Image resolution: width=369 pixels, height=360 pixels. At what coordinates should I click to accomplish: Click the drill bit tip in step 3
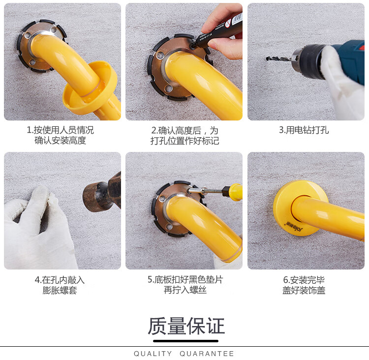click(267, 58)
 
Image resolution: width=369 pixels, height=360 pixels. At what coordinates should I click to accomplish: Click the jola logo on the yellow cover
click(294, 226)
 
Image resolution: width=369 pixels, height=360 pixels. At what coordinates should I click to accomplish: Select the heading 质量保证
click(186, 326)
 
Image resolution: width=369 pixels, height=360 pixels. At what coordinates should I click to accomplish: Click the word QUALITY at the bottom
click(153, 354)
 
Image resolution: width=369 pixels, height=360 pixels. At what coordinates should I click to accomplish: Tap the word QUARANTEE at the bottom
click(207, 354)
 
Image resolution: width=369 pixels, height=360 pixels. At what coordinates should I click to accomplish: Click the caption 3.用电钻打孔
click(304, 130)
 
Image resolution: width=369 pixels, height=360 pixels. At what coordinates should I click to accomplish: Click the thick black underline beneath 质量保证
click(185, 341)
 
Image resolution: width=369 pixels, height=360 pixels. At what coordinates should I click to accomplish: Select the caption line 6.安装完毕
click(304, 280)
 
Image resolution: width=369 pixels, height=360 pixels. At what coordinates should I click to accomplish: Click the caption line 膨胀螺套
click(60, 290)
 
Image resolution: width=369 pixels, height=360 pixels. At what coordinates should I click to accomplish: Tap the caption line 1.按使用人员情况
click(60, 130)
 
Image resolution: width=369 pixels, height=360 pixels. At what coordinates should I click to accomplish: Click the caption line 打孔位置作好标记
click(184, 141)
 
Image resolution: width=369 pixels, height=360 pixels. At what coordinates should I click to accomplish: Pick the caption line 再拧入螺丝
click(185, 290)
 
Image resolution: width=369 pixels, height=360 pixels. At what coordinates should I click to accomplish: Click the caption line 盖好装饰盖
click(304, 290)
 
